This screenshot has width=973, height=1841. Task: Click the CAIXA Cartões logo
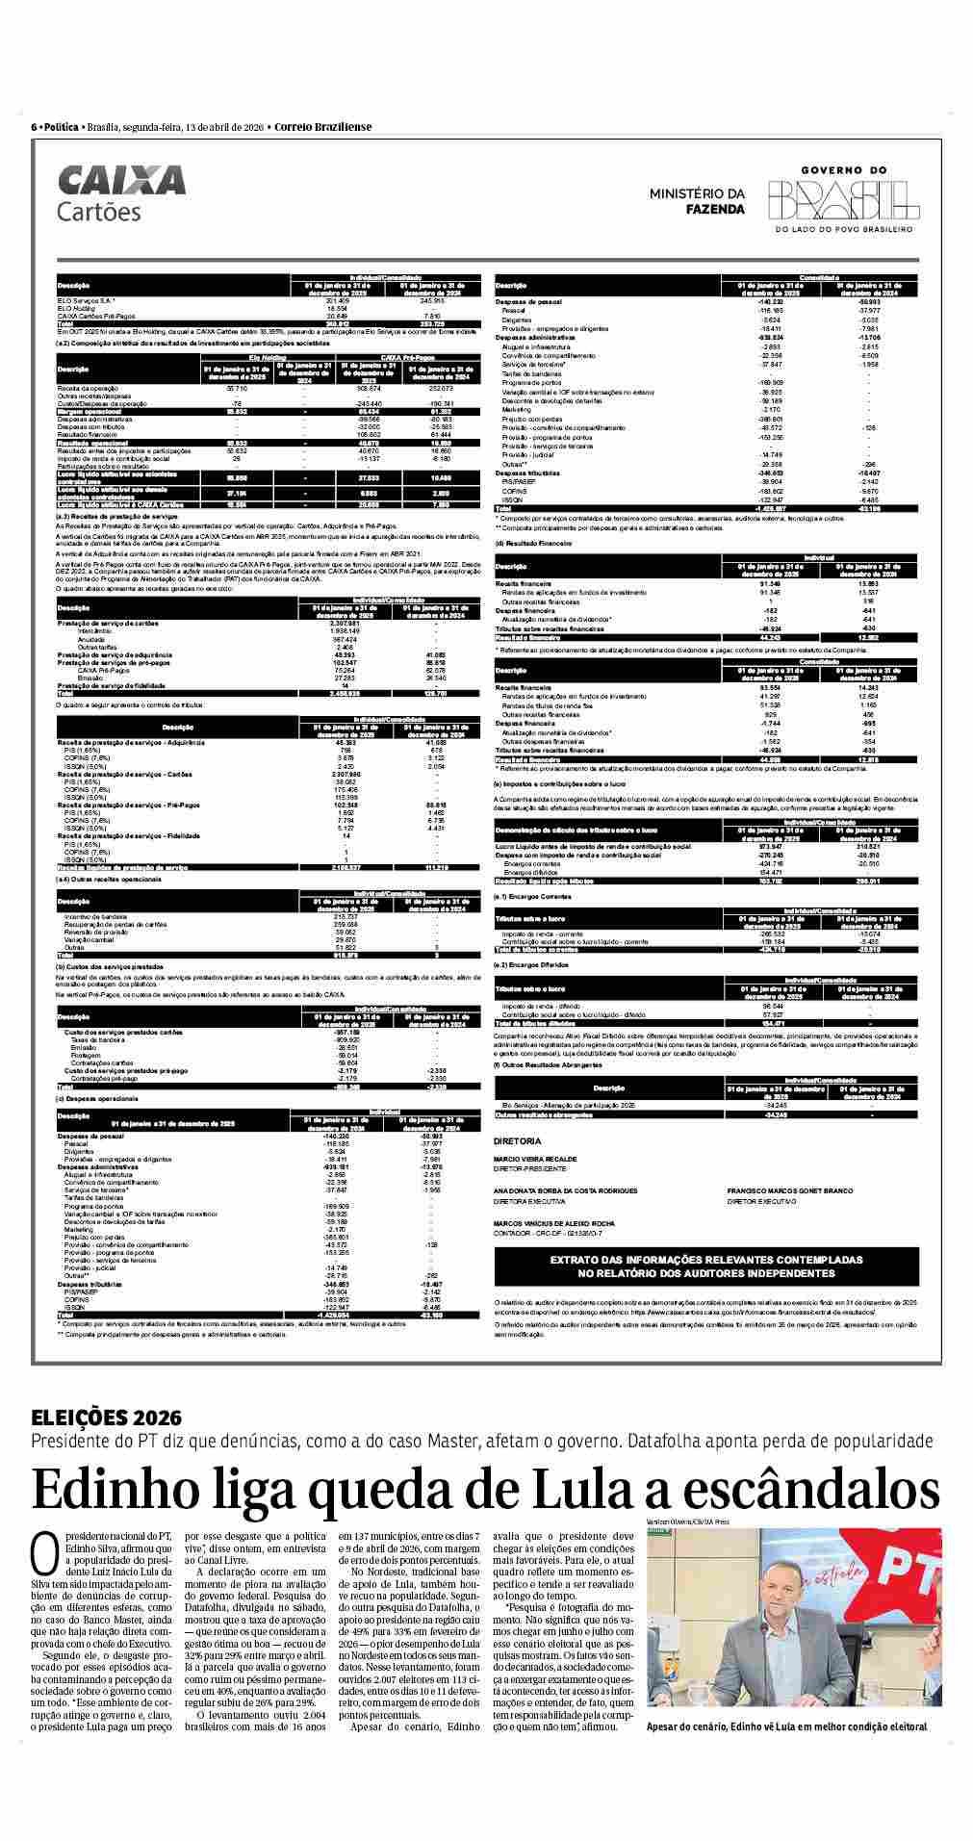click(x=121, y=193)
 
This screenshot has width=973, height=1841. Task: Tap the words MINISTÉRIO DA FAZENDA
click(x=697, y=200)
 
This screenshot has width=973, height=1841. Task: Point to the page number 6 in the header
click(x=35, y=127)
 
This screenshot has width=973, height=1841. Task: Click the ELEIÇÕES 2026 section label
click(x=106, y=1418)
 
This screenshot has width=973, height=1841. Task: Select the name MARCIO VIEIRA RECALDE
click(x=535, y=1159)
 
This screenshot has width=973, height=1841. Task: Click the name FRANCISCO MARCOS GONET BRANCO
click(x=789, y=1190)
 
